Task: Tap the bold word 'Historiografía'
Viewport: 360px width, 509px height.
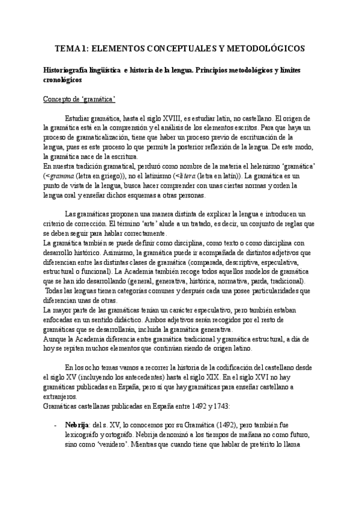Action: click(x=60, y=70)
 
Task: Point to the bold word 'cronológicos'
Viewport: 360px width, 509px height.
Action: click(x=59, y=79)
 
